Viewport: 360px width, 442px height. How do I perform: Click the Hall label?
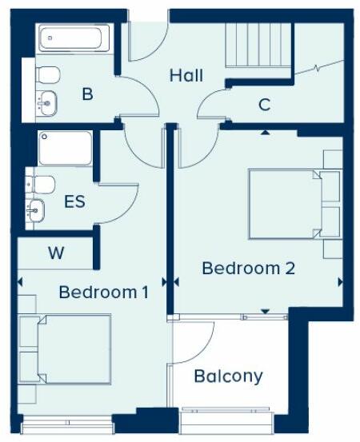186,76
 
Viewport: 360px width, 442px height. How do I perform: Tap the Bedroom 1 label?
103,293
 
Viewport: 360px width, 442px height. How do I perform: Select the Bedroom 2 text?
248,268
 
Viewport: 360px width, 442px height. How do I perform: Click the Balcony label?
228,376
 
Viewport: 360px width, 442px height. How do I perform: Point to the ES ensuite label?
74,201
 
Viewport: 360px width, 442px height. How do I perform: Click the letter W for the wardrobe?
55,254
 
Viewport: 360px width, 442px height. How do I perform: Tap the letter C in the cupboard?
264,104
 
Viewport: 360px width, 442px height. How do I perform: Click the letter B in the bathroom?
87,94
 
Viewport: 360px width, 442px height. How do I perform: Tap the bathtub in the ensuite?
65,147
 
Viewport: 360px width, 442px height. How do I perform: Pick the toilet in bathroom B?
46,74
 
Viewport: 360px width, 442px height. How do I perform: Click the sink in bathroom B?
46,102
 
